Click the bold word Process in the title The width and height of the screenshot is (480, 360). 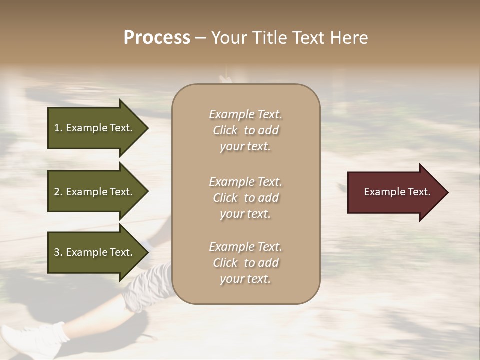point(157,38)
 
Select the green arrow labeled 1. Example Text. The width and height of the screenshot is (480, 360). point(95,128)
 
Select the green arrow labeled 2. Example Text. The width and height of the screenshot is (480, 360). point(95,192)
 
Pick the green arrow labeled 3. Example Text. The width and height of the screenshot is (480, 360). point(95,252)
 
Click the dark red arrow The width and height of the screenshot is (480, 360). point(395,192)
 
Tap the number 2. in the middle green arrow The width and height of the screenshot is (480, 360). point(58,192)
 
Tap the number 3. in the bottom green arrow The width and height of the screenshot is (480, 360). point(58,252)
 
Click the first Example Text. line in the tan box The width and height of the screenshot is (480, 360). point(245,114)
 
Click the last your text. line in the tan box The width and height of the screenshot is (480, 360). point(245,279)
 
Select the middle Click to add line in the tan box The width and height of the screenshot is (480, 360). point(245,198)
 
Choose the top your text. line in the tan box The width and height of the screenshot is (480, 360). point(245,146)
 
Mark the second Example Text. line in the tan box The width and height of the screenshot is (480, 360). point(245,181)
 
